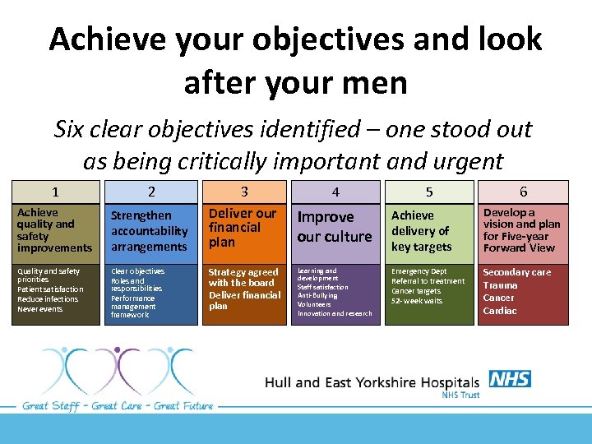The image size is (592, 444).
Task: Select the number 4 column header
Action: click(335, 192)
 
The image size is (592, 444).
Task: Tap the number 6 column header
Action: click(523, 192)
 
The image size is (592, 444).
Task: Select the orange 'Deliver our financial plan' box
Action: click(244, 228)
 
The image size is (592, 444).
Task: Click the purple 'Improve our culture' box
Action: click(335, 227)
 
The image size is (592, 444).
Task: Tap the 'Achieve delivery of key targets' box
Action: click(429, 230)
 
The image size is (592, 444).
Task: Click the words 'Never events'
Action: click(40, 309)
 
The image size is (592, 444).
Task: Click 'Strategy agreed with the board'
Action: click(243, 277)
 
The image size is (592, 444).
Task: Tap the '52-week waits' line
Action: click(417, 301)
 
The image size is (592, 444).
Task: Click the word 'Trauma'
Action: click(500, 285)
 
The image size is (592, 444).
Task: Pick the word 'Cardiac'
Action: click(500, 311)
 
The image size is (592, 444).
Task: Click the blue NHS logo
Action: click(510, 379)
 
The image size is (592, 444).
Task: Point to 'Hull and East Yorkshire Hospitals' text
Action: click(372, 382)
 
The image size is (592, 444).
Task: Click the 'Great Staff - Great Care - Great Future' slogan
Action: click(118, 405)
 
